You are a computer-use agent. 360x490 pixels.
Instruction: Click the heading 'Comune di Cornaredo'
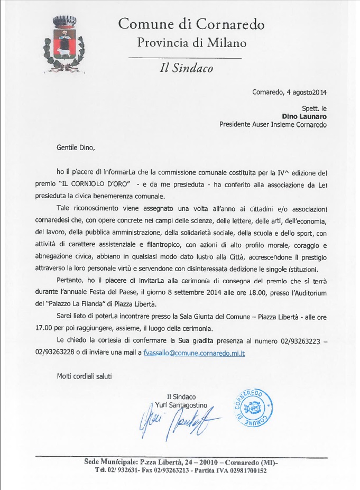(191, 24)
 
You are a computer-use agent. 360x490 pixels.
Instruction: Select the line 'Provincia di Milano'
(191, 43)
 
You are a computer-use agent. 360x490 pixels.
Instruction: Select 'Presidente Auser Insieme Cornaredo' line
(273, 125)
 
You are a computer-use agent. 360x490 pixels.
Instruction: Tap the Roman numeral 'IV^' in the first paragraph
(286, 172)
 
